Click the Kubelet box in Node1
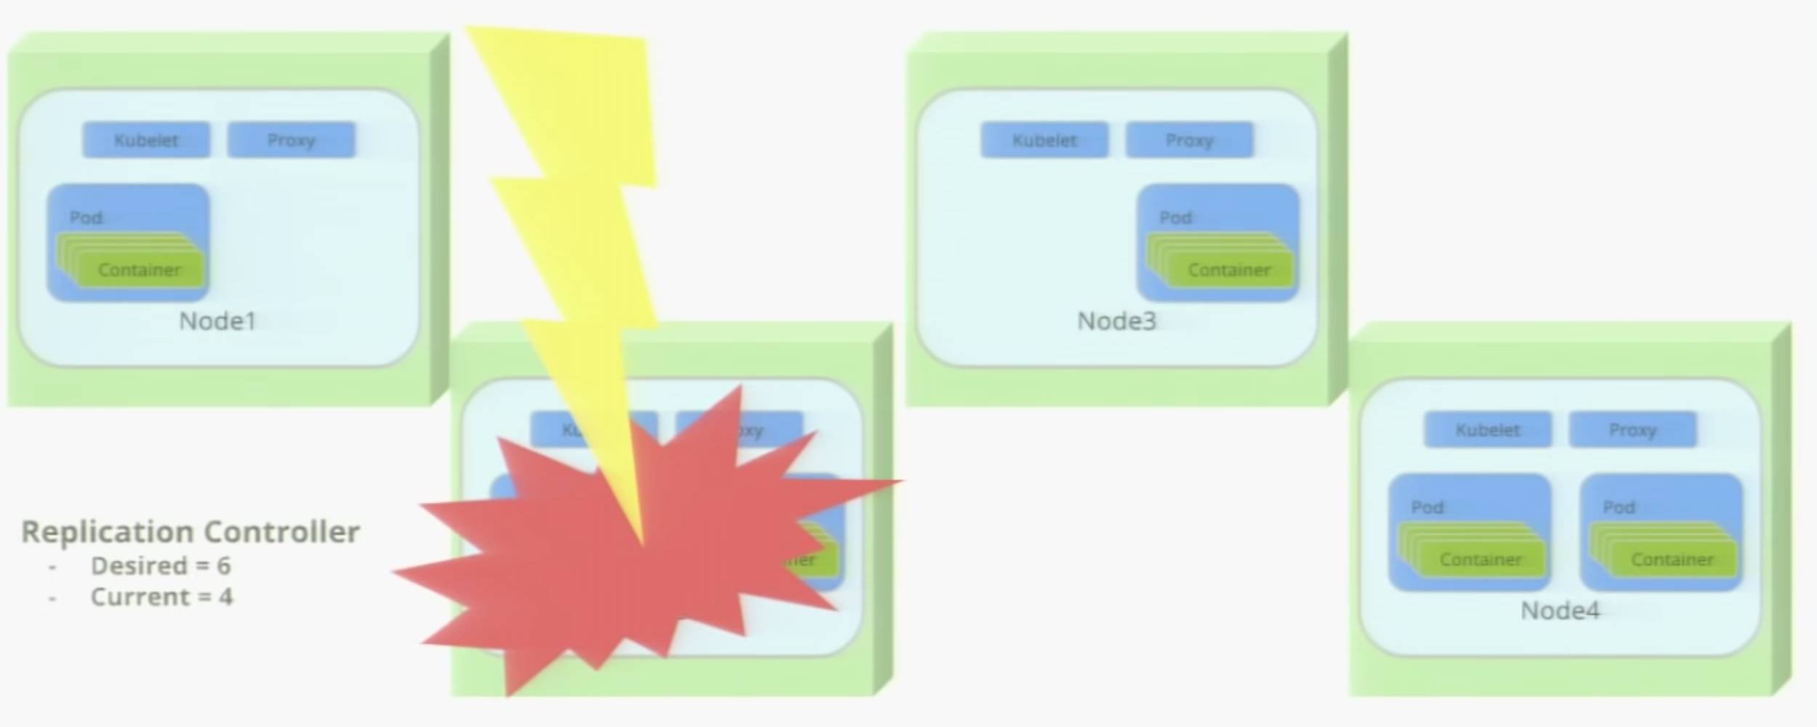[x=146, y=140]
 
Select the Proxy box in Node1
[x=291, y=140]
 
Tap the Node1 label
[x=217, y=321]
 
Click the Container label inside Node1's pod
[x=139, y=270]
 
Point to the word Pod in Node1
[x=86, y=217]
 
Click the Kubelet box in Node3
[x=1044, y=140]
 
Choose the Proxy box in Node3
[x=1189, y=140]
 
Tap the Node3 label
[x=1116, y=321]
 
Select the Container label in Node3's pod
[x=1229, y=270]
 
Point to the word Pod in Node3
[x=1175, y=217]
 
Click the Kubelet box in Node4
[x=1487, y=430]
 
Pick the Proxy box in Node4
[x=1632, y=430]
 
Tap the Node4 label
[x=1560, y=611]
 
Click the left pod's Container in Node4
[x=1480, y=559]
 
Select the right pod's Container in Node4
[x=1672, y=559]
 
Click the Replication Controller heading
[x=190, y=532]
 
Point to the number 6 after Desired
[x=224, y=566]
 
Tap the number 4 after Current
[x=226, y=597]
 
